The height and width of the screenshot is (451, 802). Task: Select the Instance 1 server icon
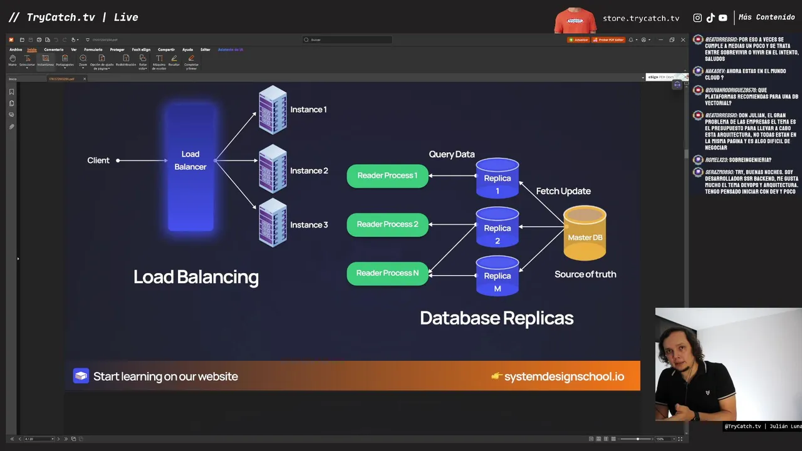273,110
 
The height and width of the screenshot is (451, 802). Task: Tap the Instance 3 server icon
273,223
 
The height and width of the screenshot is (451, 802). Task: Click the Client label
98,160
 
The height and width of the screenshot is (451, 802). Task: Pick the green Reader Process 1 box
387,175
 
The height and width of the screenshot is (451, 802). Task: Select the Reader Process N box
387,273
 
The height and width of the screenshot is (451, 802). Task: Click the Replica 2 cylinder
497,227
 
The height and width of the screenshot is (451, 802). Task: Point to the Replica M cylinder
497,276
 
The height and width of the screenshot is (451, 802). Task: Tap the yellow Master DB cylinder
585,234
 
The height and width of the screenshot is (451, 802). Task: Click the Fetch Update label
563,191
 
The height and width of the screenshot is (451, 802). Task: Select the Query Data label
452,154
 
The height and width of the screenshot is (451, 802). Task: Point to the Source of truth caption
585,274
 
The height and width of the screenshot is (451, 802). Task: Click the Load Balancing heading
196,277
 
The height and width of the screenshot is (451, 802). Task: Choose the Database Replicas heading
497,318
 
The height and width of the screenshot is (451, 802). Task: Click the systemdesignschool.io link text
564,376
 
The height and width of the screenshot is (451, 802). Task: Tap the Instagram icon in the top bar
697,18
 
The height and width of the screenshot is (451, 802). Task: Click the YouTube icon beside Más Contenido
723,18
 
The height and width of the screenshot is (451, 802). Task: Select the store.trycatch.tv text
641,18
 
